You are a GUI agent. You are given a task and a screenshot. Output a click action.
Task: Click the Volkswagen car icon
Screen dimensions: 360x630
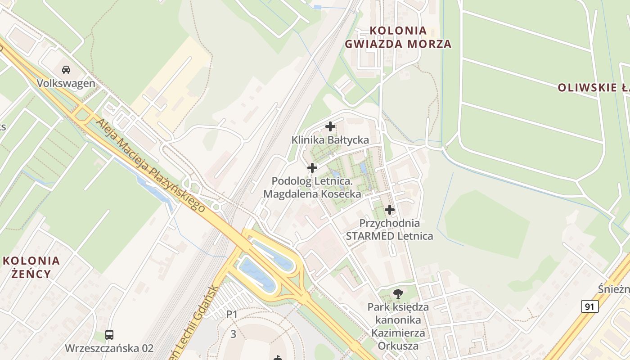point(66,70)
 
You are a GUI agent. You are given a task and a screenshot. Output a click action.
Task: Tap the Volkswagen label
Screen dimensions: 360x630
point(66,83)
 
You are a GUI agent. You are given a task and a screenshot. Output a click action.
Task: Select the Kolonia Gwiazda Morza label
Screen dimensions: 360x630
point(398,37)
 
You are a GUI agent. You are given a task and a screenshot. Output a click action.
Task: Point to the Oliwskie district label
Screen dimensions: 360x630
point(594,87)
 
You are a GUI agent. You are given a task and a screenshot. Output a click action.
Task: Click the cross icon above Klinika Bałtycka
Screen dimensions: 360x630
point(330,126)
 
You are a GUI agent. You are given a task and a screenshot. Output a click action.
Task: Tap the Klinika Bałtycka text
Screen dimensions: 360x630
point(330,140)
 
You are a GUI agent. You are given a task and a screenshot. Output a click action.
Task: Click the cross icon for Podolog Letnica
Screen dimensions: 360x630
point(312,168)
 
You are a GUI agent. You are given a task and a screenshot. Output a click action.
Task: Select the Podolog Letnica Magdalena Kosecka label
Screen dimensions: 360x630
point(312,188)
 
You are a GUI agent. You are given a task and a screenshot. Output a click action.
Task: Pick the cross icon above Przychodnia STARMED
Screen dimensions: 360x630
point(390,210)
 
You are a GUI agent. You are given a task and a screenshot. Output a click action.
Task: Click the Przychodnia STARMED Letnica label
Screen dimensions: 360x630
point(390,229)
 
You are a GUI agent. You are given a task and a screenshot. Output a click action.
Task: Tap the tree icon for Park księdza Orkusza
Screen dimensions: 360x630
point(398,294)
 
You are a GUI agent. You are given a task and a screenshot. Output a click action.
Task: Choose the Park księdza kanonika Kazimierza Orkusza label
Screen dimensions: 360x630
point(398,326)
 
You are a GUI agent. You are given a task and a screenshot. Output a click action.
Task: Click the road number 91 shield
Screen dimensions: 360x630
point(589,307)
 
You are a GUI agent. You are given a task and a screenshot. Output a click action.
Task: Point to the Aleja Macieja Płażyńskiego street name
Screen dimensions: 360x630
point(150,166)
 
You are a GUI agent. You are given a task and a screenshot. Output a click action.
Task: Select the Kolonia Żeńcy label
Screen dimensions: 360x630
point(31,267)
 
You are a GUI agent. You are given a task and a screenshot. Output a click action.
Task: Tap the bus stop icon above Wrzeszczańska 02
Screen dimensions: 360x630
point(109,334)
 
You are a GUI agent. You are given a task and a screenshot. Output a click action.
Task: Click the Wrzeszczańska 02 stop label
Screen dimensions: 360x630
point(109,348)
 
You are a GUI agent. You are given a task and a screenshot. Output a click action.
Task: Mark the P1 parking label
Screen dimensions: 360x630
point(232,315)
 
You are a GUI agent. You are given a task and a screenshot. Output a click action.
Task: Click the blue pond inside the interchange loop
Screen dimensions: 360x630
point(256,272)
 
